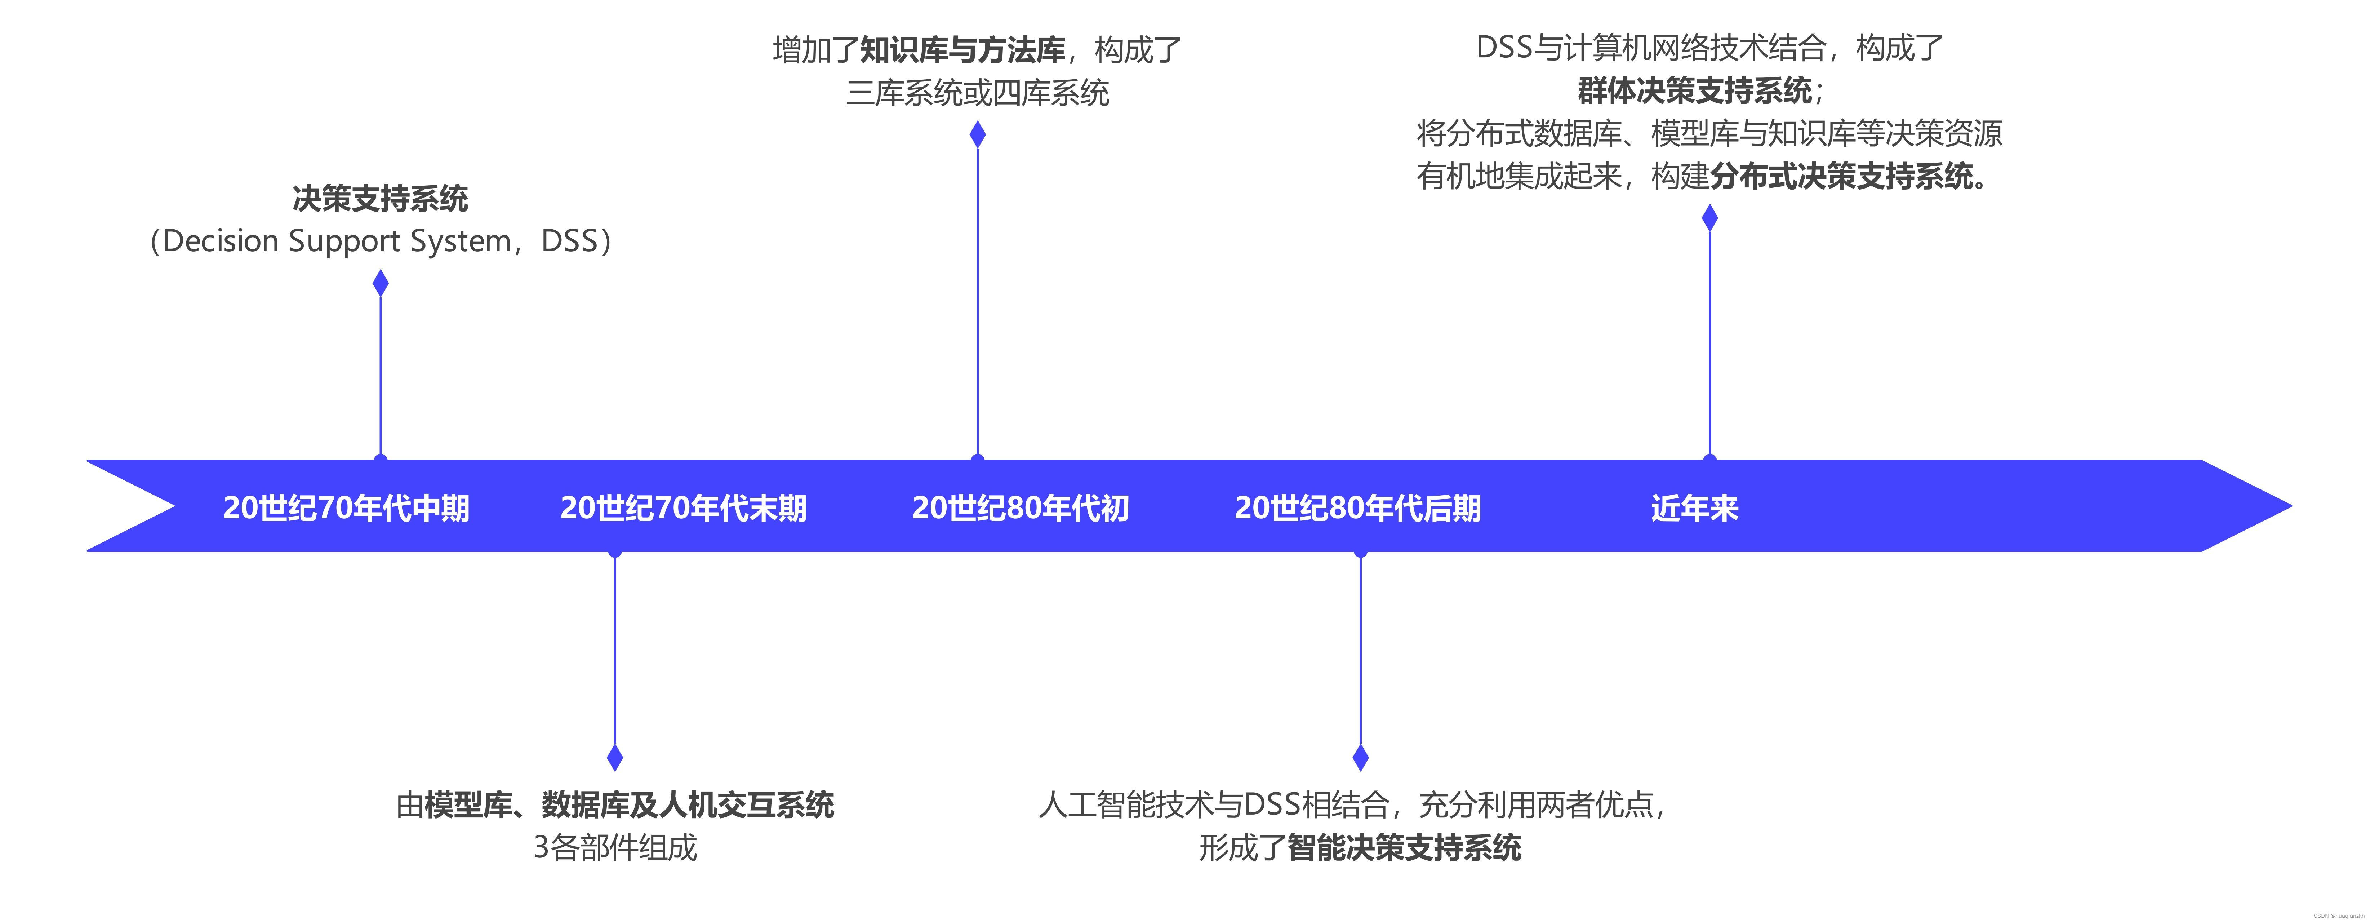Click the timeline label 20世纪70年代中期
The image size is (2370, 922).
346,508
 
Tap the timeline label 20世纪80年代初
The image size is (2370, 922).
1020,508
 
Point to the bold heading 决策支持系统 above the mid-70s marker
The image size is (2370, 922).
380,198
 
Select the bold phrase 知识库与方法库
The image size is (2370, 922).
962,50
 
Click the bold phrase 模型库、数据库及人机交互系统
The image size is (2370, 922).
629,805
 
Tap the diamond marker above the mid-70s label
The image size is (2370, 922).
380,283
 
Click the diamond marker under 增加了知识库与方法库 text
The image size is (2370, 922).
977,134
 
